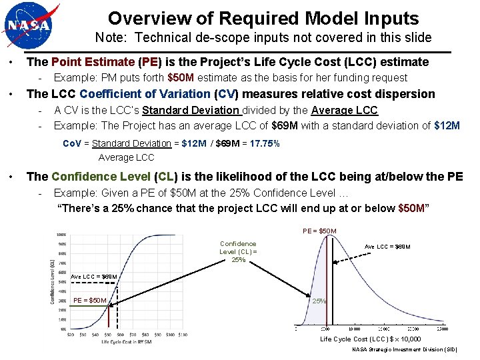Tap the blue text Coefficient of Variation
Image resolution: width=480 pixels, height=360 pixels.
coord(145,94)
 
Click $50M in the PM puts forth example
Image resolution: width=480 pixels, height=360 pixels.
coord(181,78)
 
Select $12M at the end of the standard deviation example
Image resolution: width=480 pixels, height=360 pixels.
coord(447,125)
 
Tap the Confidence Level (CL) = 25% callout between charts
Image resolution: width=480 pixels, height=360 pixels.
coord(238,252)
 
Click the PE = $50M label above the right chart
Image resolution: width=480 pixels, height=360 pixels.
coord(319,231)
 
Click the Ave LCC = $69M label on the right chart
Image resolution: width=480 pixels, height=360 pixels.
coord(387,247)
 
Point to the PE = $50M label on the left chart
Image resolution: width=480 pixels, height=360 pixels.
coord(89,300)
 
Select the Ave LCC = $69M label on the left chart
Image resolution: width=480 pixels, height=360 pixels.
coord(93,277)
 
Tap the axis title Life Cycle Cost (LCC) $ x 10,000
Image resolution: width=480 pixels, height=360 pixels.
coord(370,339)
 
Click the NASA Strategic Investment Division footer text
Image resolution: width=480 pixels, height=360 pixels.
coord(405,349)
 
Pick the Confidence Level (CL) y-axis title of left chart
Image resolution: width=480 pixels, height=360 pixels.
coord(53,281)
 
